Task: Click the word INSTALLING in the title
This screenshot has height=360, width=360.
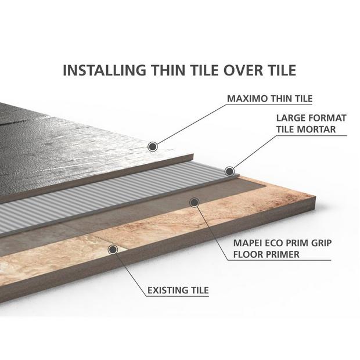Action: click(x=105, y=70)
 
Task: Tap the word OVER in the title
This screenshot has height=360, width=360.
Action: click(x=243, y=70)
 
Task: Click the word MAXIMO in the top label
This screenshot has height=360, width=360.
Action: click(x=247, y=99)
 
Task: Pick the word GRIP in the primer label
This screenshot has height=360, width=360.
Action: click(x=321, y=243)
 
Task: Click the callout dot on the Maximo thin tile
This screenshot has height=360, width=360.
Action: click(x=153, y=146)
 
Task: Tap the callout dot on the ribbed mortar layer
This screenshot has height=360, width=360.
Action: click(x=229, y=171)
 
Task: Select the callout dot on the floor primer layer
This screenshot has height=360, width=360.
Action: click(x=195, y=202)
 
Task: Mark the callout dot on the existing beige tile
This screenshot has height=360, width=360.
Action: click(x=113, y=250)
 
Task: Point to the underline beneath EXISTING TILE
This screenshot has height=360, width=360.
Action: click(x=178, y=296)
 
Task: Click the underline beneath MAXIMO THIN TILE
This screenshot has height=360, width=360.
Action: click(x=269, y=105)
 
